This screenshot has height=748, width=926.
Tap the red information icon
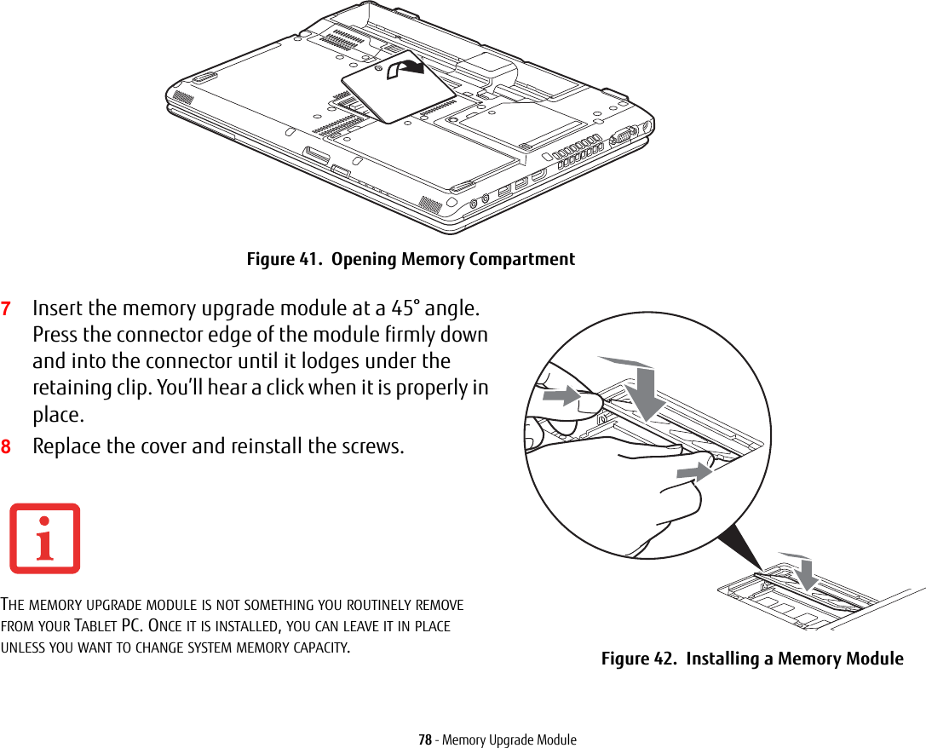click(44, 538)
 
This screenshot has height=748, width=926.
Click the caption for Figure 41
click(410, 259)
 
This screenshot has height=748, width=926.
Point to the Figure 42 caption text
click(751, 659)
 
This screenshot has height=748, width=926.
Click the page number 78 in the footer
click(424, 739)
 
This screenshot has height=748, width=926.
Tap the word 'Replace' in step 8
click(66, 446)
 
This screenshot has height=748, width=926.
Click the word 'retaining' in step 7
click(69, 388)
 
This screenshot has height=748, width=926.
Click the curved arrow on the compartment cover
click(405, 68)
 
